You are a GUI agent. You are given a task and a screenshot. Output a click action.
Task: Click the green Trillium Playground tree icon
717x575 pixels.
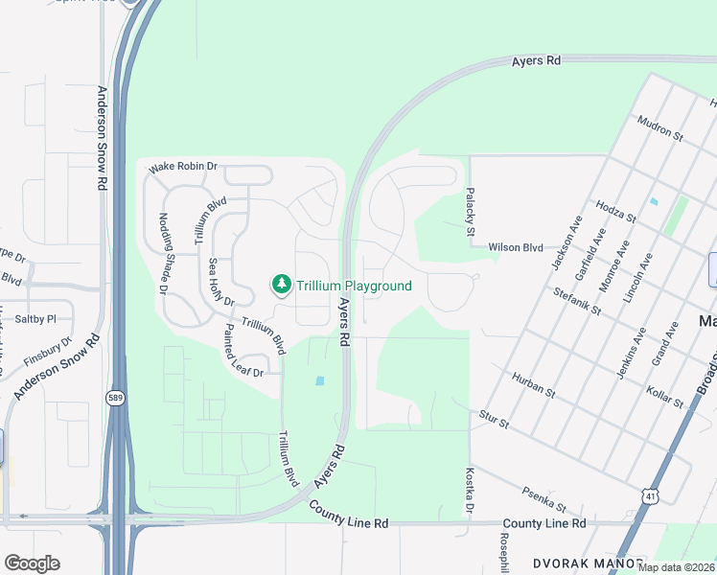click(x=281, y=285)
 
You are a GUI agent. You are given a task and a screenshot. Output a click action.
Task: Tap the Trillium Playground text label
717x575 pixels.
click(x=354, y=286)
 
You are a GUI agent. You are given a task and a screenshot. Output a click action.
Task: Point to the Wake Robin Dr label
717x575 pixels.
click(x=183, y=168)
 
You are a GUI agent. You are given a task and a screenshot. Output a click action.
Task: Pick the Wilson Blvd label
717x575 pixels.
click(x=516, y=247)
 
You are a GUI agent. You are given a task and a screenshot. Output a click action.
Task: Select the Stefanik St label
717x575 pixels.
click(x=576, y=301)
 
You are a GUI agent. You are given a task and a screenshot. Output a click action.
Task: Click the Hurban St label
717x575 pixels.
click(x=533, y=385)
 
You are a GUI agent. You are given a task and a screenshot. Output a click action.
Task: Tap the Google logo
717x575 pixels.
click(x=32, y=563)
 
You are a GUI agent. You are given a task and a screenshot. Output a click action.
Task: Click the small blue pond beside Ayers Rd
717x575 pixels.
click(x=319, y=380)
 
